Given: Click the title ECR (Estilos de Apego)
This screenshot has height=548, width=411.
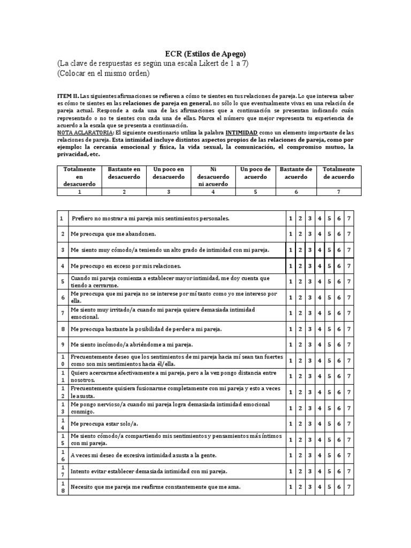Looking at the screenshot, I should (206, 54).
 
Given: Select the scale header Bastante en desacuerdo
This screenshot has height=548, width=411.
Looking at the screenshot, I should (124, 172).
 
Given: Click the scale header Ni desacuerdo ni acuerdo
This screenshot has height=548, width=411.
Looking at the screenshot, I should (213, 176).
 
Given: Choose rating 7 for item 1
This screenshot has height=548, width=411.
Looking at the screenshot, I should (348, 218).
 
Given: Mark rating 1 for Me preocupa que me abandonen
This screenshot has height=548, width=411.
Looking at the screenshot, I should (291, 234).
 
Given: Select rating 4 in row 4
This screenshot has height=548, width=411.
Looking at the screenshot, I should (319, 265).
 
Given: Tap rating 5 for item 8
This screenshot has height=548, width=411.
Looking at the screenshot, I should (329, 329).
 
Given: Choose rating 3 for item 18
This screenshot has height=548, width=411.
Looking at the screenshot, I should (310, 487).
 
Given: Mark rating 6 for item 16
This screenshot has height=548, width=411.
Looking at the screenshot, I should (339, 455).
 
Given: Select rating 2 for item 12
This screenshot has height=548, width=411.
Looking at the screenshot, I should (300, 392).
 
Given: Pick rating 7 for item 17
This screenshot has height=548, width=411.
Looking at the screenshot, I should (348, 471).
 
